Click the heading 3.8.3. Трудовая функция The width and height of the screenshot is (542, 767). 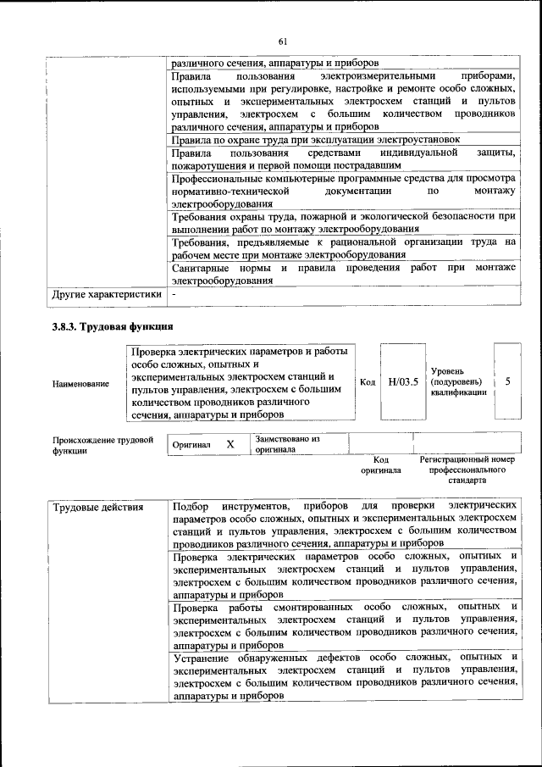pos(113,326)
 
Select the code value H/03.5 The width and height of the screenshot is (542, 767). pos(403,381)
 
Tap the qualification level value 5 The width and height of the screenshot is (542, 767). pos(507,381)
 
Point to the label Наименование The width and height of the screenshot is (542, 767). pos(80,384)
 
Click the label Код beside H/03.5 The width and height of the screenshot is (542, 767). pos(368,382)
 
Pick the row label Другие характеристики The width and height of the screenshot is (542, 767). pos(106,294)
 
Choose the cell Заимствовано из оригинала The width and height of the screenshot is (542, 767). pos(287,444)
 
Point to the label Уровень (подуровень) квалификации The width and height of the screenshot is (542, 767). pos(458,381)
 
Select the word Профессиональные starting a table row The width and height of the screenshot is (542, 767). pos(222,179)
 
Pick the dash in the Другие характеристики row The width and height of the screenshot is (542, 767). pos(173,294)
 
